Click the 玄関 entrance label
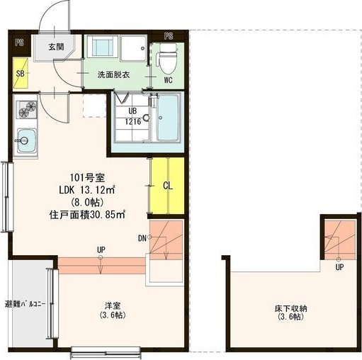[x=57, y=47]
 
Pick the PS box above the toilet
[x=169, y=35]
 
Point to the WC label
[x=169, y=79]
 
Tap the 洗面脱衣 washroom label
[x=113, y=74]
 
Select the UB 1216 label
[x=133, y=116]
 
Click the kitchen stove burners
[x=27, y=109]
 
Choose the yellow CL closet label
[x=168, y=186]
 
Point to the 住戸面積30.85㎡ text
[x=88, y=213]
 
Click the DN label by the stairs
[x=142, y=238]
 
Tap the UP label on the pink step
[x=102, y=249]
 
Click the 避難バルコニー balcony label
[x=26, y=305]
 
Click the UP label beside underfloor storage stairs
[x=340, y=267]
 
